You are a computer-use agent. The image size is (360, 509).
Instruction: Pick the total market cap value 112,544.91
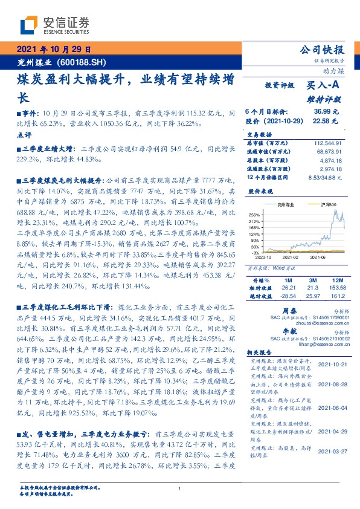tap(329, 142)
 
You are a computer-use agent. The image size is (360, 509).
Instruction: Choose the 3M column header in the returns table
tap(312, 281)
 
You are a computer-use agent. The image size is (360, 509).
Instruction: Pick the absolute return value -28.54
tap(288, 297)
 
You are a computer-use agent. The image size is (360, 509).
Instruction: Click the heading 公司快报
tap(324, 50)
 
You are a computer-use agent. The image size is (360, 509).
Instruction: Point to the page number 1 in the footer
tap(180, 489)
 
